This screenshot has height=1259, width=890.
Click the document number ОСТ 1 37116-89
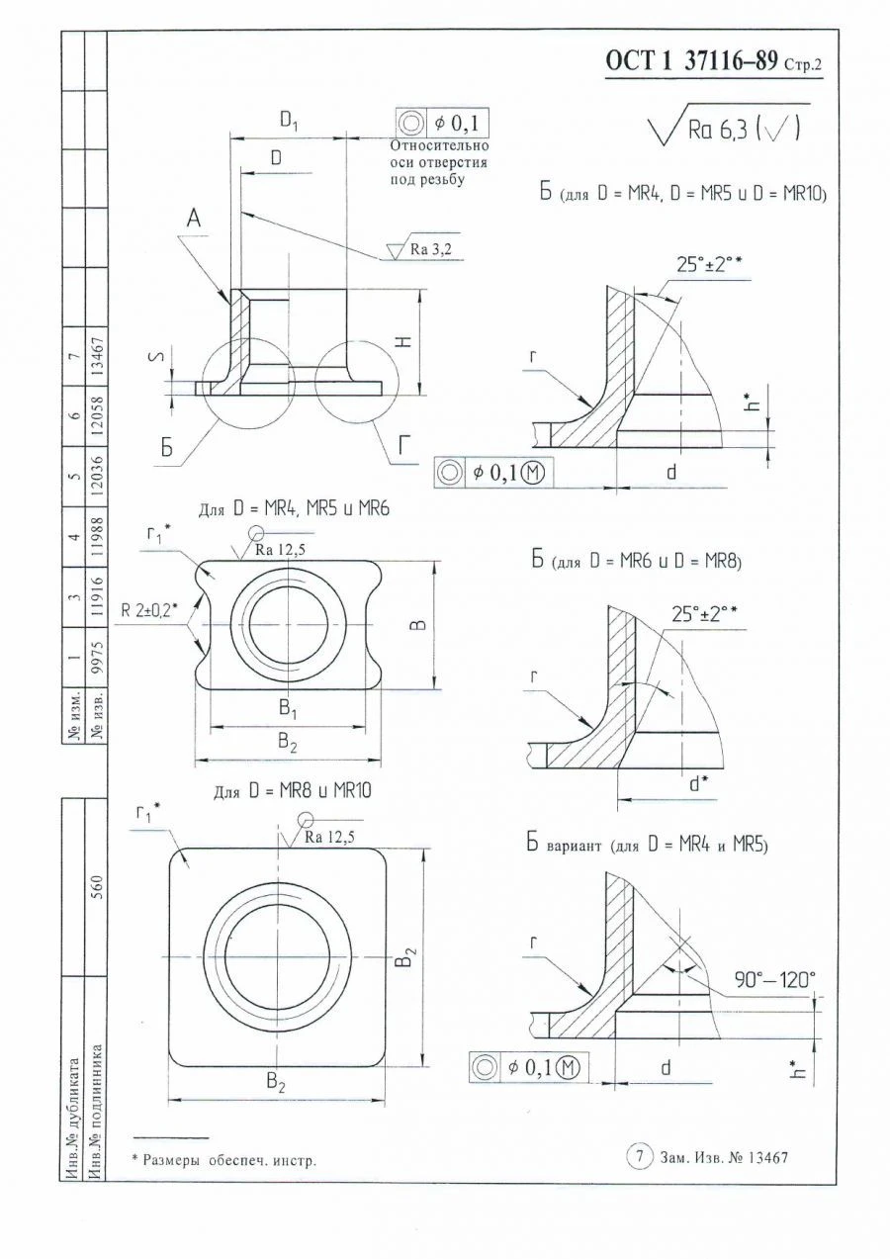pyautogui.click(x=692, y=62)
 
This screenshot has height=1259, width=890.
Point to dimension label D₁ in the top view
pyautogui.click(x=288, y=122)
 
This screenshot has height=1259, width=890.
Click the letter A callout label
pyautogui.click(x=195, y=220)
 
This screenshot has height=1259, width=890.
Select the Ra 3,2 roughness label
pyautogui.click(x=432, y=251)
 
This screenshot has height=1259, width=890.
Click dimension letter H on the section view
pyautogui.click(x=403, y=340)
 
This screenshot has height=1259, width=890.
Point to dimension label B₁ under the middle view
pyautogui.click(x=288, y=709)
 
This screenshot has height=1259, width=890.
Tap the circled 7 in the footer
pyautogui.click(x=640, y=1155)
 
